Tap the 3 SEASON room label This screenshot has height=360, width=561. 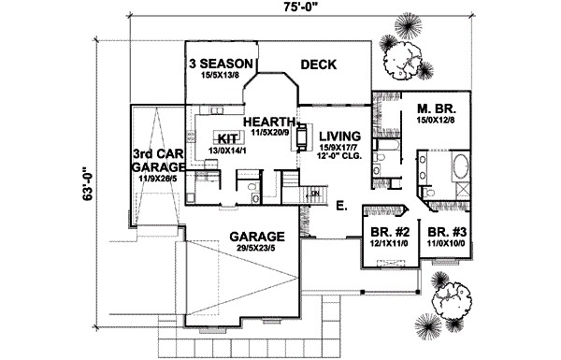coord(221,63)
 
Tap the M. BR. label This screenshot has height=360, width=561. coord(436,108)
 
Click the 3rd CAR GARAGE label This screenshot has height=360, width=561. coord(155,161)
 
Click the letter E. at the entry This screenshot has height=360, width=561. coord(341,203)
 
